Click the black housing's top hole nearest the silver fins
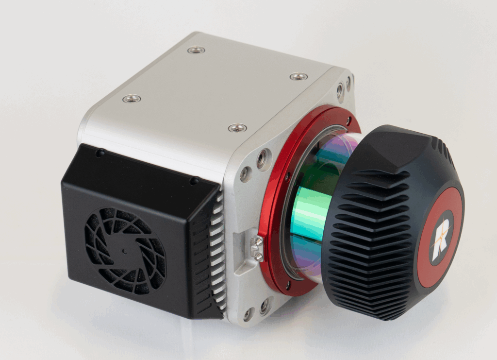[194, 180]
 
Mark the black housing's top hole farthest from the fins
[100, 153]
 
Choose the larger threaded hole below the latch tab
[264, 306]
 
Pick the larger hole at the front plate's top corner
[340, 90]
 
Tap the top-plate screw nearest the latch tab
[237, 128]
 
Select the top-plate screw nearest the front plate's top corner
[298, 76]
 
